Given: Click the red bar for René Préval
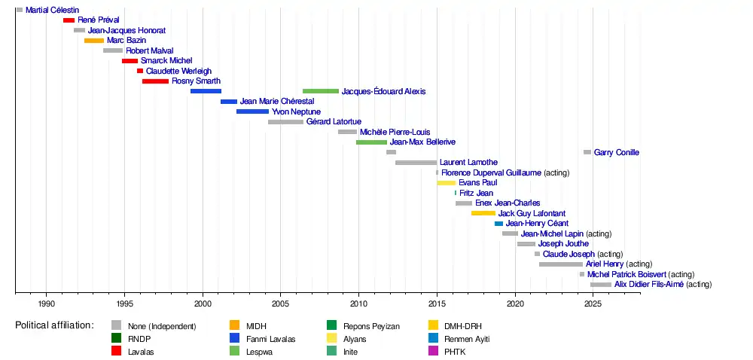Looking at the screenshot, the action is point(69,20).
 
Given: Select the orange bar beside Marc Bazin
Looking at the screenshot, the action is point(94,41).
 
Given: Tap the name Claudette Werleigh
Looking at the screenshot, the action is point(178,71).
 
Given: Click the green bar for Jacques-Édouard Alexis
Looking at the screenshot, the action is point(321,91).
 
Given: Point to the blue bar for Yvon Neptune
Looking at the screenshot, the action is point(252,111).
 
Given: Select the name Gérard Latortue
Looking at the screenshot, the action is point(334,122).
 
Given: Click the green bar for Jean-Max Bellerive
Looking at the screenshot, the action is point(371,142).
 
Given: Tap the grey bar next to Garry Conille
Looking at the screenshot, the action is point(587,152).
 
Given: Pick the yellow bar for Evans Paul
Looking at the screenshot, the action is point(446,183).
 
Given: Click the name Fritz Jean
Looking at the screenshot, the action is point(476,193).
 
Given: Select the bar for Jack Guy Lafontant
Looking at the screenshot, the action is point(483,213).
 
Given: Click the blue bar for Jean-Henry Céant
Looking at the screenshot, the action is point(499,224).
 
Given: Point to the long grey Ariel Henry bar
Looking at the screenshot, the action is point(561,264).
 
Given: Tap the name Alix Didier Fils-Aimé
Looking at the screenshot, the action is point(649,285).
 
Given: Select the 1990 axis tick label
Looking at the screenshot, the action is point(46,303).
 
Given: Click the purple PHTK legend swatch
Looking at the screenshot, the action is point(435,352).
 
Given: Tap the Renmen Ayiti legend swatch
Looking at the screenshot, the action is point(435,339).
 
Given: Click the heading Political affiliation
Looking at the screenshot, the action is point(55,325).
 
